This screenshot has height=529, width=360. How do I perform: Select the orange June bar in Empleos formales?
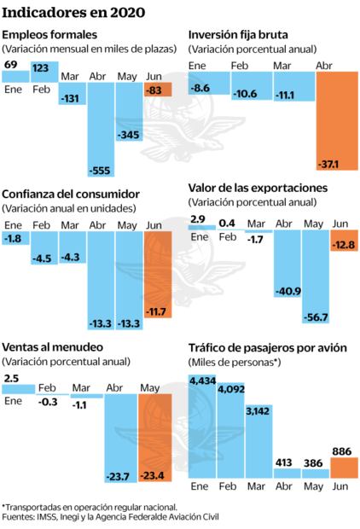159,90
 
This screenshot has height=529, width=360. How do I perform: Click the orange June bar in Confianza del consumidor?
159,282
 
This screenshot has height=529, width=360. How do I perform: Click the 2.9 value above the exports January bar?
199,219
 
